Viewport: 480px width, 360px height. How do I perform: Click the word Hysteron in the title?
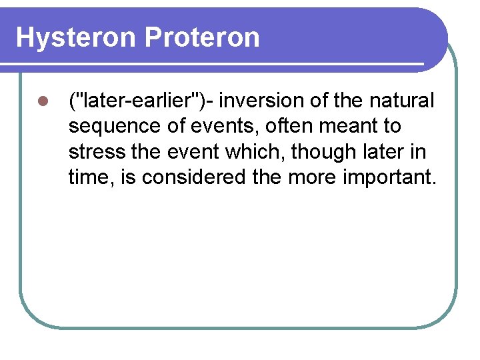pos(76,38)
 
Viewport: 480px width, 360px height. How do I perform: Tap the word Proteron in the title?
pos(201,38)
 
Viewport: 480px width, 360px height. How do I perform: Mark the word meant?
pos(347,126)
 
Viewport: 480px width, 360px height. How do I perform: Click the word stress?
pos(97,152)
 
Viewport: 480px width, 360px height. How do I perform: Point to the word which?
pos(256,152)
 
